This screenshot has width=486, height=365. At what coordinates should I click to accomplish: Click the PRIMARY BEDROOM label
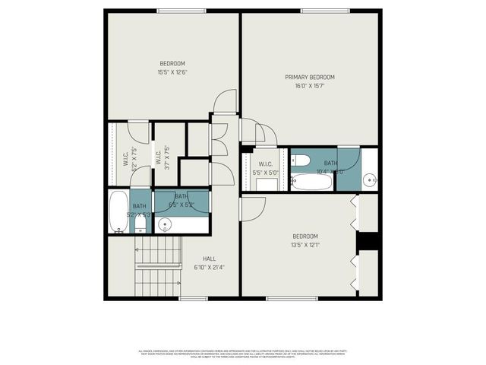pos(310,77)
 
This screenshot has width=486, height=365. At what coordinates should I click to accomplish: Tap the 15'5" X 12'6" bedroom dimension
pos(172,72)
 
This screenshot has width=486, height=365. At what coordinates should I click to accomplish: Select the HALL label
pos(209,259)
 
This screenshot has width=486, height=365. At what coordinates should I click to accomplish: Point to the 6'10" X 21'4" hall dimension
pos(209,267)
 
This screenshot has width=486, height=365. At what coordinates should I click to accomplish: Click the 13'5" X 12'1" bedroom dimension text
pos(305,245)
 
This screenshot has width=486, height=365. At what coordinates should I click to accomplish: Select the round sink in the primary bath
pos(369,180)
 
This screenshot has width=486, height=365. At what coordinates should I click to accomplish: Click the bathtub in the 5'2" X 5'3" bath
pos(118,211)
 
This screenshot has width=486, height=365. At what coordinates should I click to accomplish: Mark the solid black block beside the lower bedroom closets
pos(368,240)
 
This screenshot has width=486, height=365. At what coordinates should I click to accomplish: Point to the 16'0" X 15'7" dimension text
pos(310,86)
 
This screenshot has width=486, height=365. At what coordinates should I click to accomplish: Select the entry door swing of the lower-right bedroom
pos(254,208)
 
